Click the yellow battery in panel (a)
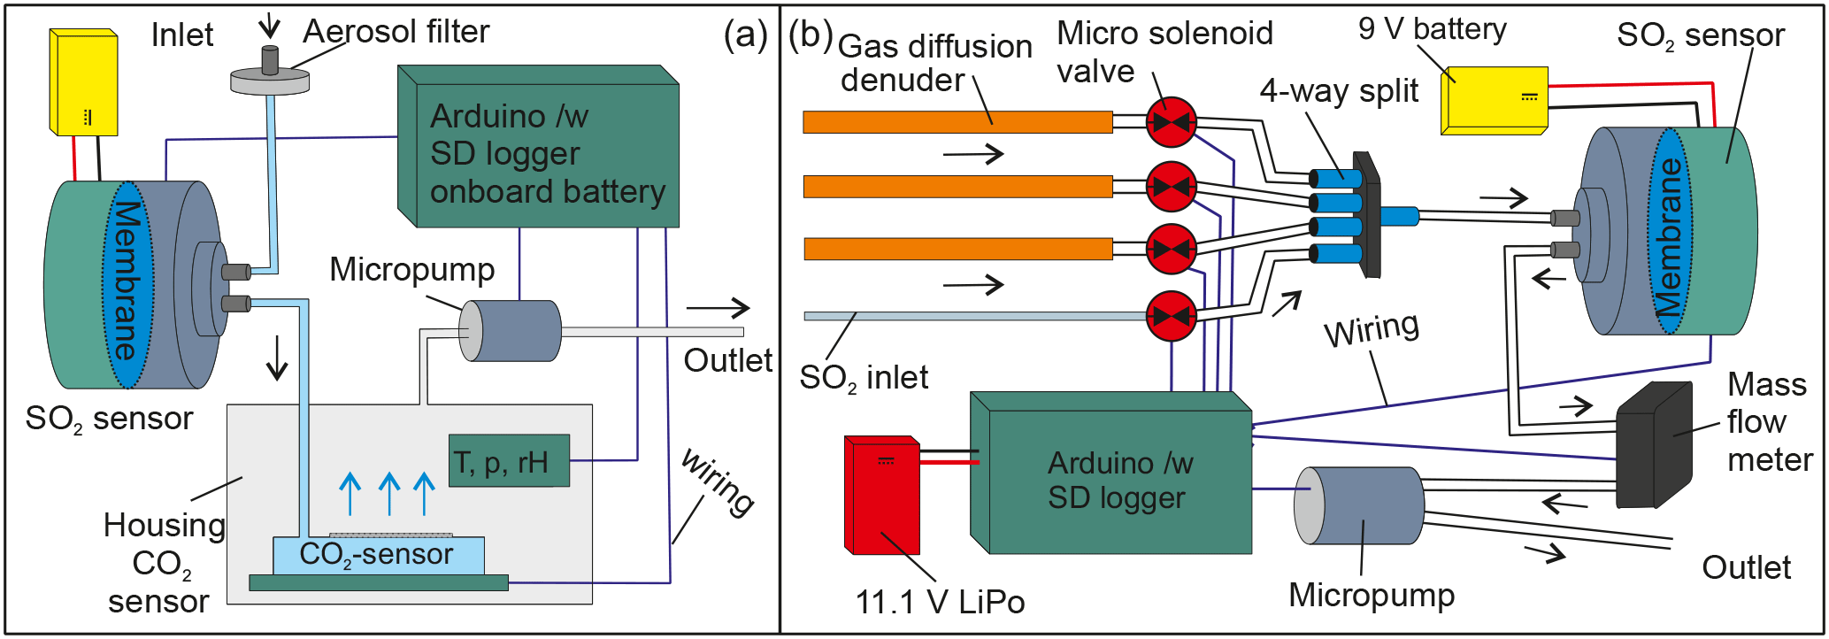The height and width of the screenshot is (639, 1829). point(84,83)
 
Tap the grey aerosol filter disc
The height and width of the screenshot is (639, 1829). point(270,81)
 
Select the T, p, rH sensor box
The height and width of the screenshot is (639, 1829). point(509,461)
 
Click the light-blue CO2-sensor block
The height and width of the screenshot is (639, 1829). point(378,555)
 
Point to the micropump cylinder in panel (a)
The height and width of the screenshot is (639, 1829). point(512,331)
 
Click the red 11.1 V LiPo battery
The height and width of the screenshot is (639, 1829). point(882,496)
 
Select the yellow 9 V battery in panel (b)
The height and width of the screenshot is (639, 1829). point(1495,99)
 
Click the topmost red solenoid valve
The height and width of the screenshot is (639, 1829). point(1171,122)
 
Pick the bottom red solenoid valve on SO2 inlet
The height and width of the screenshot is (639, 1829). point(1171,315)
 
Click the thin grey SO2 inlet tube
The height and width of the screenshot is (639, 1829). point(973,316)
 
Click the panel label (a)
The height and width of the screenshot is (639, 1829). point(745,35)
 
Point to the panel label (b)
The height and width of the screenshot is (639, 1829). point(811,35)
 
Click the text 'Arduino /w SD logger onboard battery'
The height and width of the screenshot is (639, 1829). point(547,154)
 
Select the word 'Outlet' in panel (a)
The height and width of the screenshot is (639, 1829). point(727,361)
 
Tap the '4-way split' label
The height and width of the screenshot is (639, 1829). point(1339,91)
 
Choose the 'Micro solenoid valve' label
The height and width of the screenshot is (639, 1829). point(1164,52)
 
